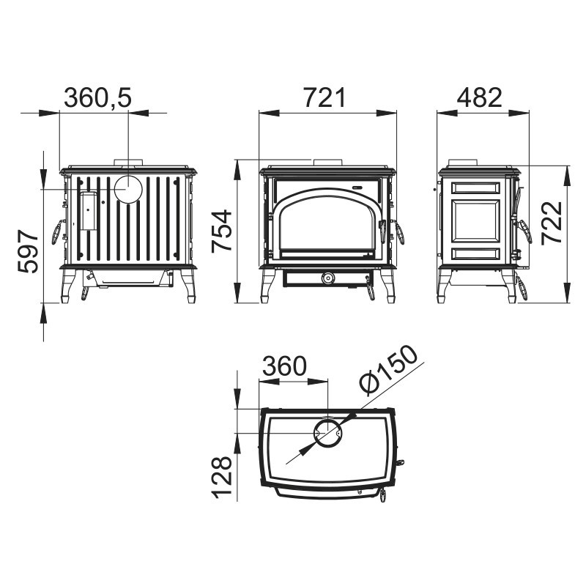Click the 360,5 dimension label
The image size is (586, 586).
click(98, 97)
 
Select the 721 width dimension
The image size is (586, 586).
click(324, 97)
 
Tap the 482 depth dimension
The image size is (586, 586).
click(480, 97)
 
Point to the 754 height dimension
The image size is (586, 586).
click(222, 231)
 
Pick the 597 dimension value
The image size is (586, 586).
click(28, 252)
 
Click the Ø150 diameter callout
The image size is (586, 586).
click(389, 369)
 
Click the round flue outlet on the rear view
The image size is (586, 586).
click(128, 189)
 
